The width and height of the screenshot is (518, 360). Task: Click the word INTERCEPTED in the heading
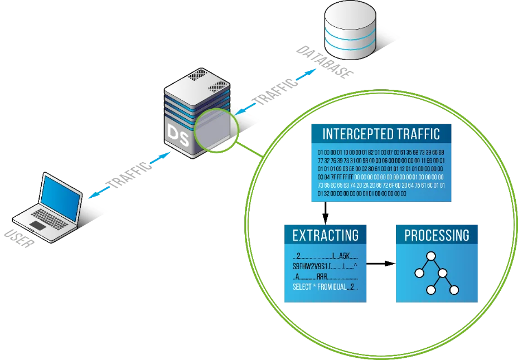[x=353, y=134]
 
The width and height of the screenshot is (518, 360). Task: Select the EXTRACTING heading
[x=325, y=235]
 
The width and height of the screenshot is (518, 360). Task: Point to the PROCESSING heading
[x=437, y=235]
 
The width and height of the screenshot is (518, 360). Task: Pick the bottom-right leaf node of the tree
[x=454, y=290]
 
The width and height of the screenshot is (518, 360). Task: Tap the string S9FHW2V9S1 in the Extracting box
[x=310, y=266]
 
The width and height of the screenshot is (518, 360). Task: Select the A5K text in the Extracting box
[x=344, y=256]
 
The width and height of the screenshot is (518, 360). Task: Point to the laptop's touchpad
[x=37, y=226]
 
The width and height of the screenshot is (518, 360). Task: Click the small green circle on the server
[x=216, y=130]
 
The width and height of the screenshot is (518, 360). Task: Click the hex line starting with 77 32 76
[x=381, y=160]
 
